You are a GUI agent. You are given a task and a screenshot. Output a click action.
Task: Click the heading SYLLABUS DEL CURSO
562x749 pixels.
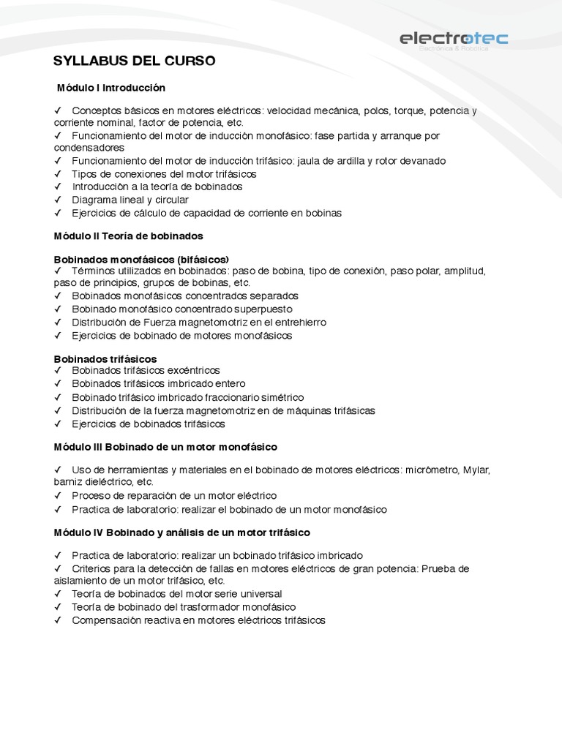(135, 61)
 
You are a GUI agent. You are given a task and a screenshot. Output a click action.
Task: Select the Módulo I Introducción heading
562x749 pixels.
(111, 88)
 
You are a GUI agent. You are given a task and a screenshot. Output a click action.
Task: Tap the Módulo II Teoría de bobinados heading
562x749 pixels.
(129, 236)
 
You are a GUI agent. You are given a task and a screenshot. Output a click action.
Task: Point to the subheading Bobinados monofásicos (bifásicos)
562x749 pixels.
(141, 259)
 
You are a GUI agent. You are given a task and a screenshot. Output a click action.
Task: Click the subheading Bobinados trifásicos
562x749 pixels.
(105, 358)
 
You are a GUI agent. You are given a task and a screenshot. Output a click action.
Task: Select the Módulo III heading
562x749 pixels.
(165, 446)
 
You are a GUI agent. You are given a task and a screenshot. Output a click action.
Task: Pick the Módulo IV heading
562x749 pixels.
(182, 532)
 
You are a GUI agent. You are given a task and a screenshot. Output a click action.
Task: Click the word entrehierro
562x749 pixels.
(299, 322)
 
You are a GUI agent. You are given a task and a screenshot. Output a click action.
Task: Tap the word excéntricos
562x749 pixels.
(195, 371)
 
